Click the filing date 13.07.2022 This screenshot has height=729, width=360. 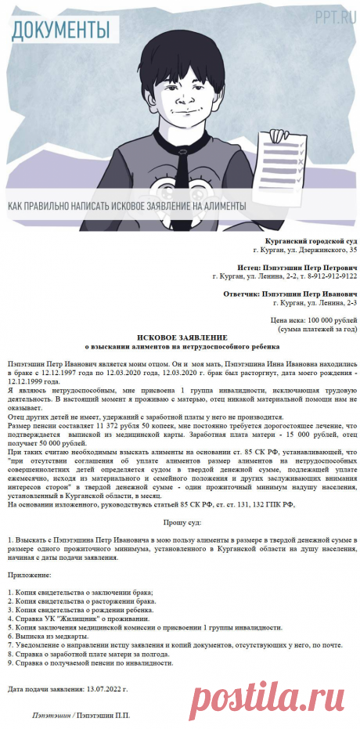pos(106,689)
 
